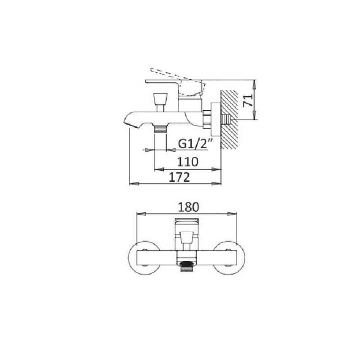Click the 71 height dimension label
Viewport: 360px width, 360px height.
click(x=248, y=100)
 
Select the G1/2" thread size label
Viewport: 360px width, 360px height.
click(x=194, y=144)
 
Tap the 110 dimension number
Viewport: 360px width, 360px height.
click(x=187, y=162)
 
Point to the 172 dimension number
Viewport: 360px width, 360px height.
click(x=180, y=177)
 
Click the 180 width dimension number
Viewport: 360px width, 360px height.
click(x=188, y=207)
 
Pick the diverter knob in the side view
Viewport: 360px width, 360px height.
click(x=160, y=102)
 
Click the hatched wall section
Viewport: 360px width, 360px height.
click(x=229, y=119)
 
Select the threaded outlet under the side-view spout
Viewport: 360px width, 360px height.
click(x=160, y=130)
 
